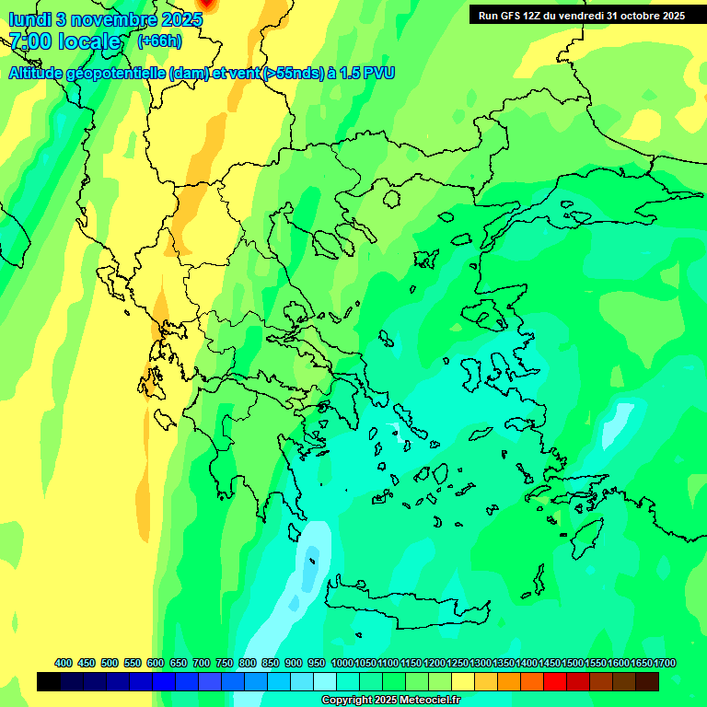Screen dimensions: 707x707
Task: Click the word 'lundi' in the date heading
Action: click(x=30, y=19)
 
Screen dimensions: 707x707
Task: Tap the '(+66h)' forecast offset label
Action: click(x=159, y=41)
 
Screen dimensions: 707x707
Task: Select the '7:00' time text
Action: click(x=29, y=41)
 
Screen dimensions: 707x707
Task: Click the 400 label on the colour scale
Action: click(x=64, y=663)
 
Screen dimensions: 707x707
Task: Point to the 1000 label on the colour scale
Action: click(x=342, y=663)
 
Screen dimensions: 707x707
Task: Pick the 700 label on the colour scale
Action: click(x=202, y=663)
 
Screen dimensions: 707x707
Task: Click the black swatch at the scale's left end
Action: click(x=49, y=681)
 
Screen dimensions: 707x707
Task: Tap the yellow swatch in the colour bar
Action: click(x=462, y=681)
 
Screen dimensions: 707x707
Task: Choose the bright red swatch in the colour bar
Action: click(x=554, y=681)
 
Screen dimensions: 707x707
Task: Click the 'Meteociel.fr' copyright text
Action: click(x=423, y=701)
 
